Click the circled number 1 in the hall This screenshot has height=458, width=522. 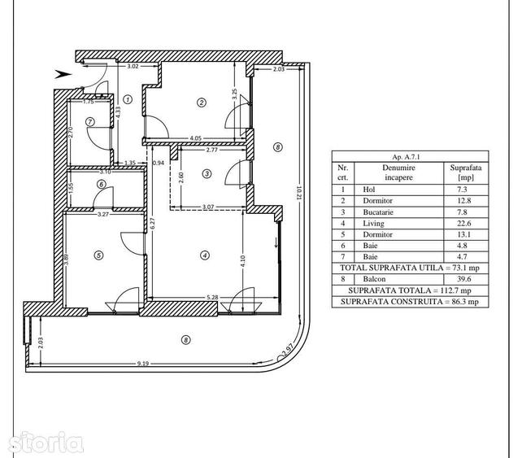[128, 99]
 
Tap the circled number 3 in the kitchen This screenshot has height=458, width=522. [207, 173]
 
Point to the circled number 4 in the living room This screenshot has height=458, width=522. [204, 255]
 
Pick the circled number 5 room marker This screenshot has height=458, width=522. [98, 255]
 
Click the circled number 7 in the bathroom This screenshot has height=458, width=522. [90, 121]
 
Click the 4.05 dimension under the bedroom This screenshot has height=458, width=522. [195, 138]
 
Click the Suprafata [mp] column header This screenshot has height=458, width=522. [466, 172]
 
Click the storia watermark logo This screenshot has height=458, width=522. [46, 443]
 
